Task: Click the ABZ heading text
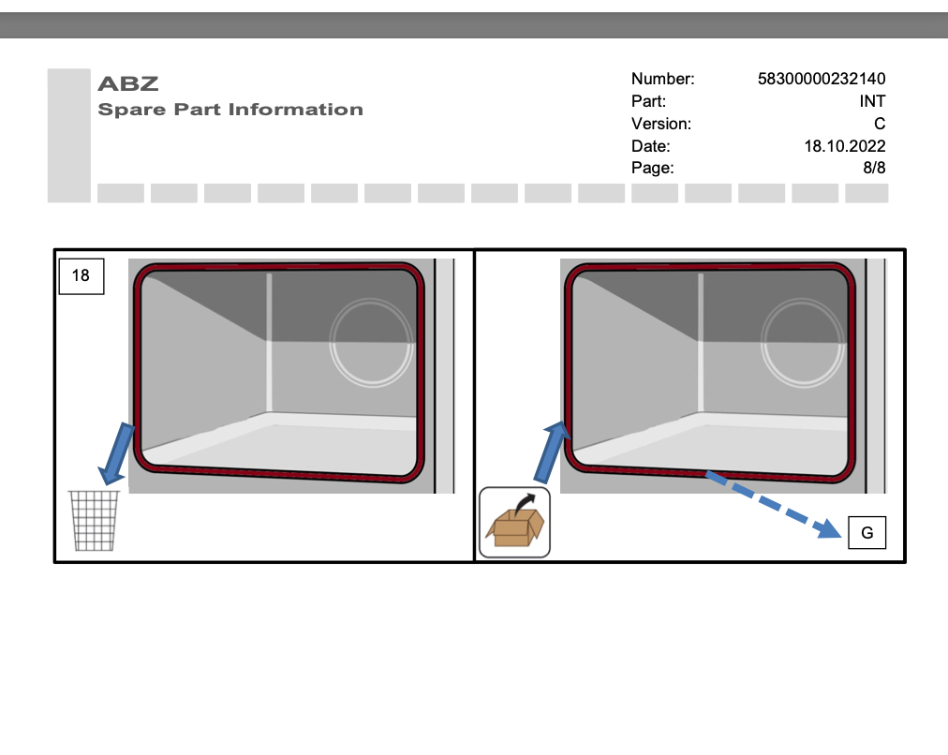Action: [128, 83]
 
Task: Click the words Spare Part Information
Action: [230, 110]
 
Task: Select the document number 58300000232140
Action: [821, 79]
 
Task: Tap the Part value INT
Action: [871, 101]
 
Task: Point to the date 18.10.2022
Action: [844, 146]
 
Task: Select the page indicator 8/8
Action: [874, 169]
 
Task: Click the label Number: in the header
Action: [662, 79]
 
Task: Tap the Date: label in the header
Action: [650, 146]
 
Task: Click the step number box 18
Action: [81, 275]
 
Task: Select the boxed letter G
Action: [867, 533]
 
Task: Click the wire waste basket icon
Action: [95, 521]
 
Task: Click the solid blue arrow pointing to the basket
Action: [113, 452]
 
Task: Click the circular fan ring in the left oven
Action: [371, 342]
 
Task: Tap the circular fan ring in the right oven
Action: [802, 342]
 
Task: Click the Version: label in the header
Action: [660, 124]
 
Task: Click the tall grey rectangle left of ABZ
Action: [68, 135]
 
